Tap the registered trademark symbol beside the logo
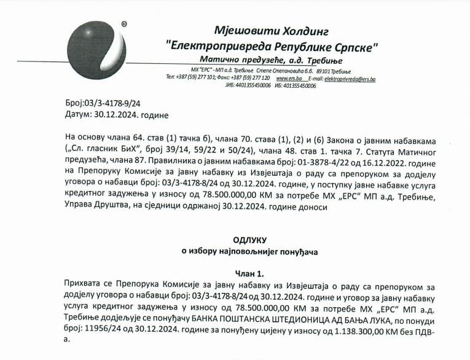pyautogui.click(x=124, y=25)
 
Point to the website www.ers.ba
pyautogui.click(x=289, y=79)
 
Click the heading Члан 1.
pyautogui.click(x=249, y=273)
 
